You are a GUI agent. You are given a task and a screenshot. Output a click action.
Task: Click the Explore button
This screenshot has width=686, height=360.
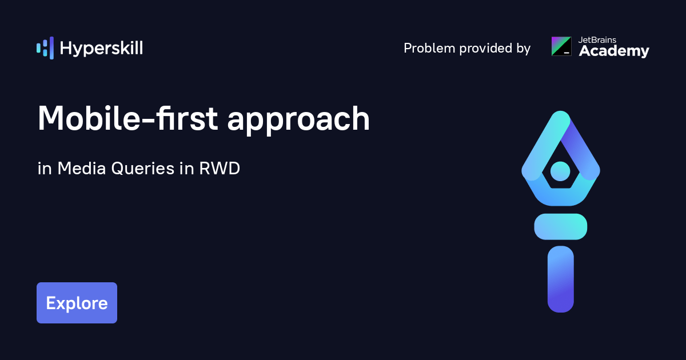coord(77,303)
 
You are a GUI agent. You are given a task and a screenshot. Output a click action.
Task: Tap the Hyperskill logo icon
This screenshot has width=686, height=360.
coord(45,48)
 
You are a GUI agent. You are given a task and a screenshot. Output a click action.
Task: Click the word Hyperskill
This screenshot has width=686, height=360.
coord(101,49)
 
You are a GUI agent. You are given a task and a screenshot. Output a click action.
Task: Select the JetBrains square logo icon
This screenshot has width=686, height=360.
coord(561,46)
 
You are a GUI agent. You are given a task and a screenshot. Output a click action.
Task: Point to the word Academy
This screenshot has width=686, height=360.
coord(614,51)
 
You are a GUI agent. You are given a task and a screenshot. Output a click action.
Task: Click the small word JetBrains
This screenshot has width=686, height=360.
coord(597,40)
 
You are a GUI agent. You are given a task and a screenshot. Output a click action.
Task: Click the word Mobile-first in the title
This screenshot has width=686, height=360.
coord(127,119)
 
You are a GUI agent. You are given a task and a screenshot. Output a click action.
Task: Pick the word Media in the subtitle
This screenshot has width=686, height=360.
coord(81,169)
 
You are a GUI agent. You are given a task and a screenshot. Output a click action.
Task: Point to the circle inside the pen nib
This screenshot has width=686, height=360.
coord(560,170)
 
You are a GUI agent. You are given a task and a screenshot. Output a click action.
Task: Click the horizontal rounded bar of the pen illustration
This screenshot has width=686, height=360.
coord(560,226)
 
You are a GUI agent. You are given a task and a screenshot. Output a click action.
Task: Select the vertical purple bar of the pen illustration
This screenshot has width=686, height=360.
coord(560,279)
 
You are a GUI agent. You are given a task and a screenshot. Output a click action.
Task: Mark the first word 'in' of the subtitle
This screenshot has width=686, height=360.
coord(44,169)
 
